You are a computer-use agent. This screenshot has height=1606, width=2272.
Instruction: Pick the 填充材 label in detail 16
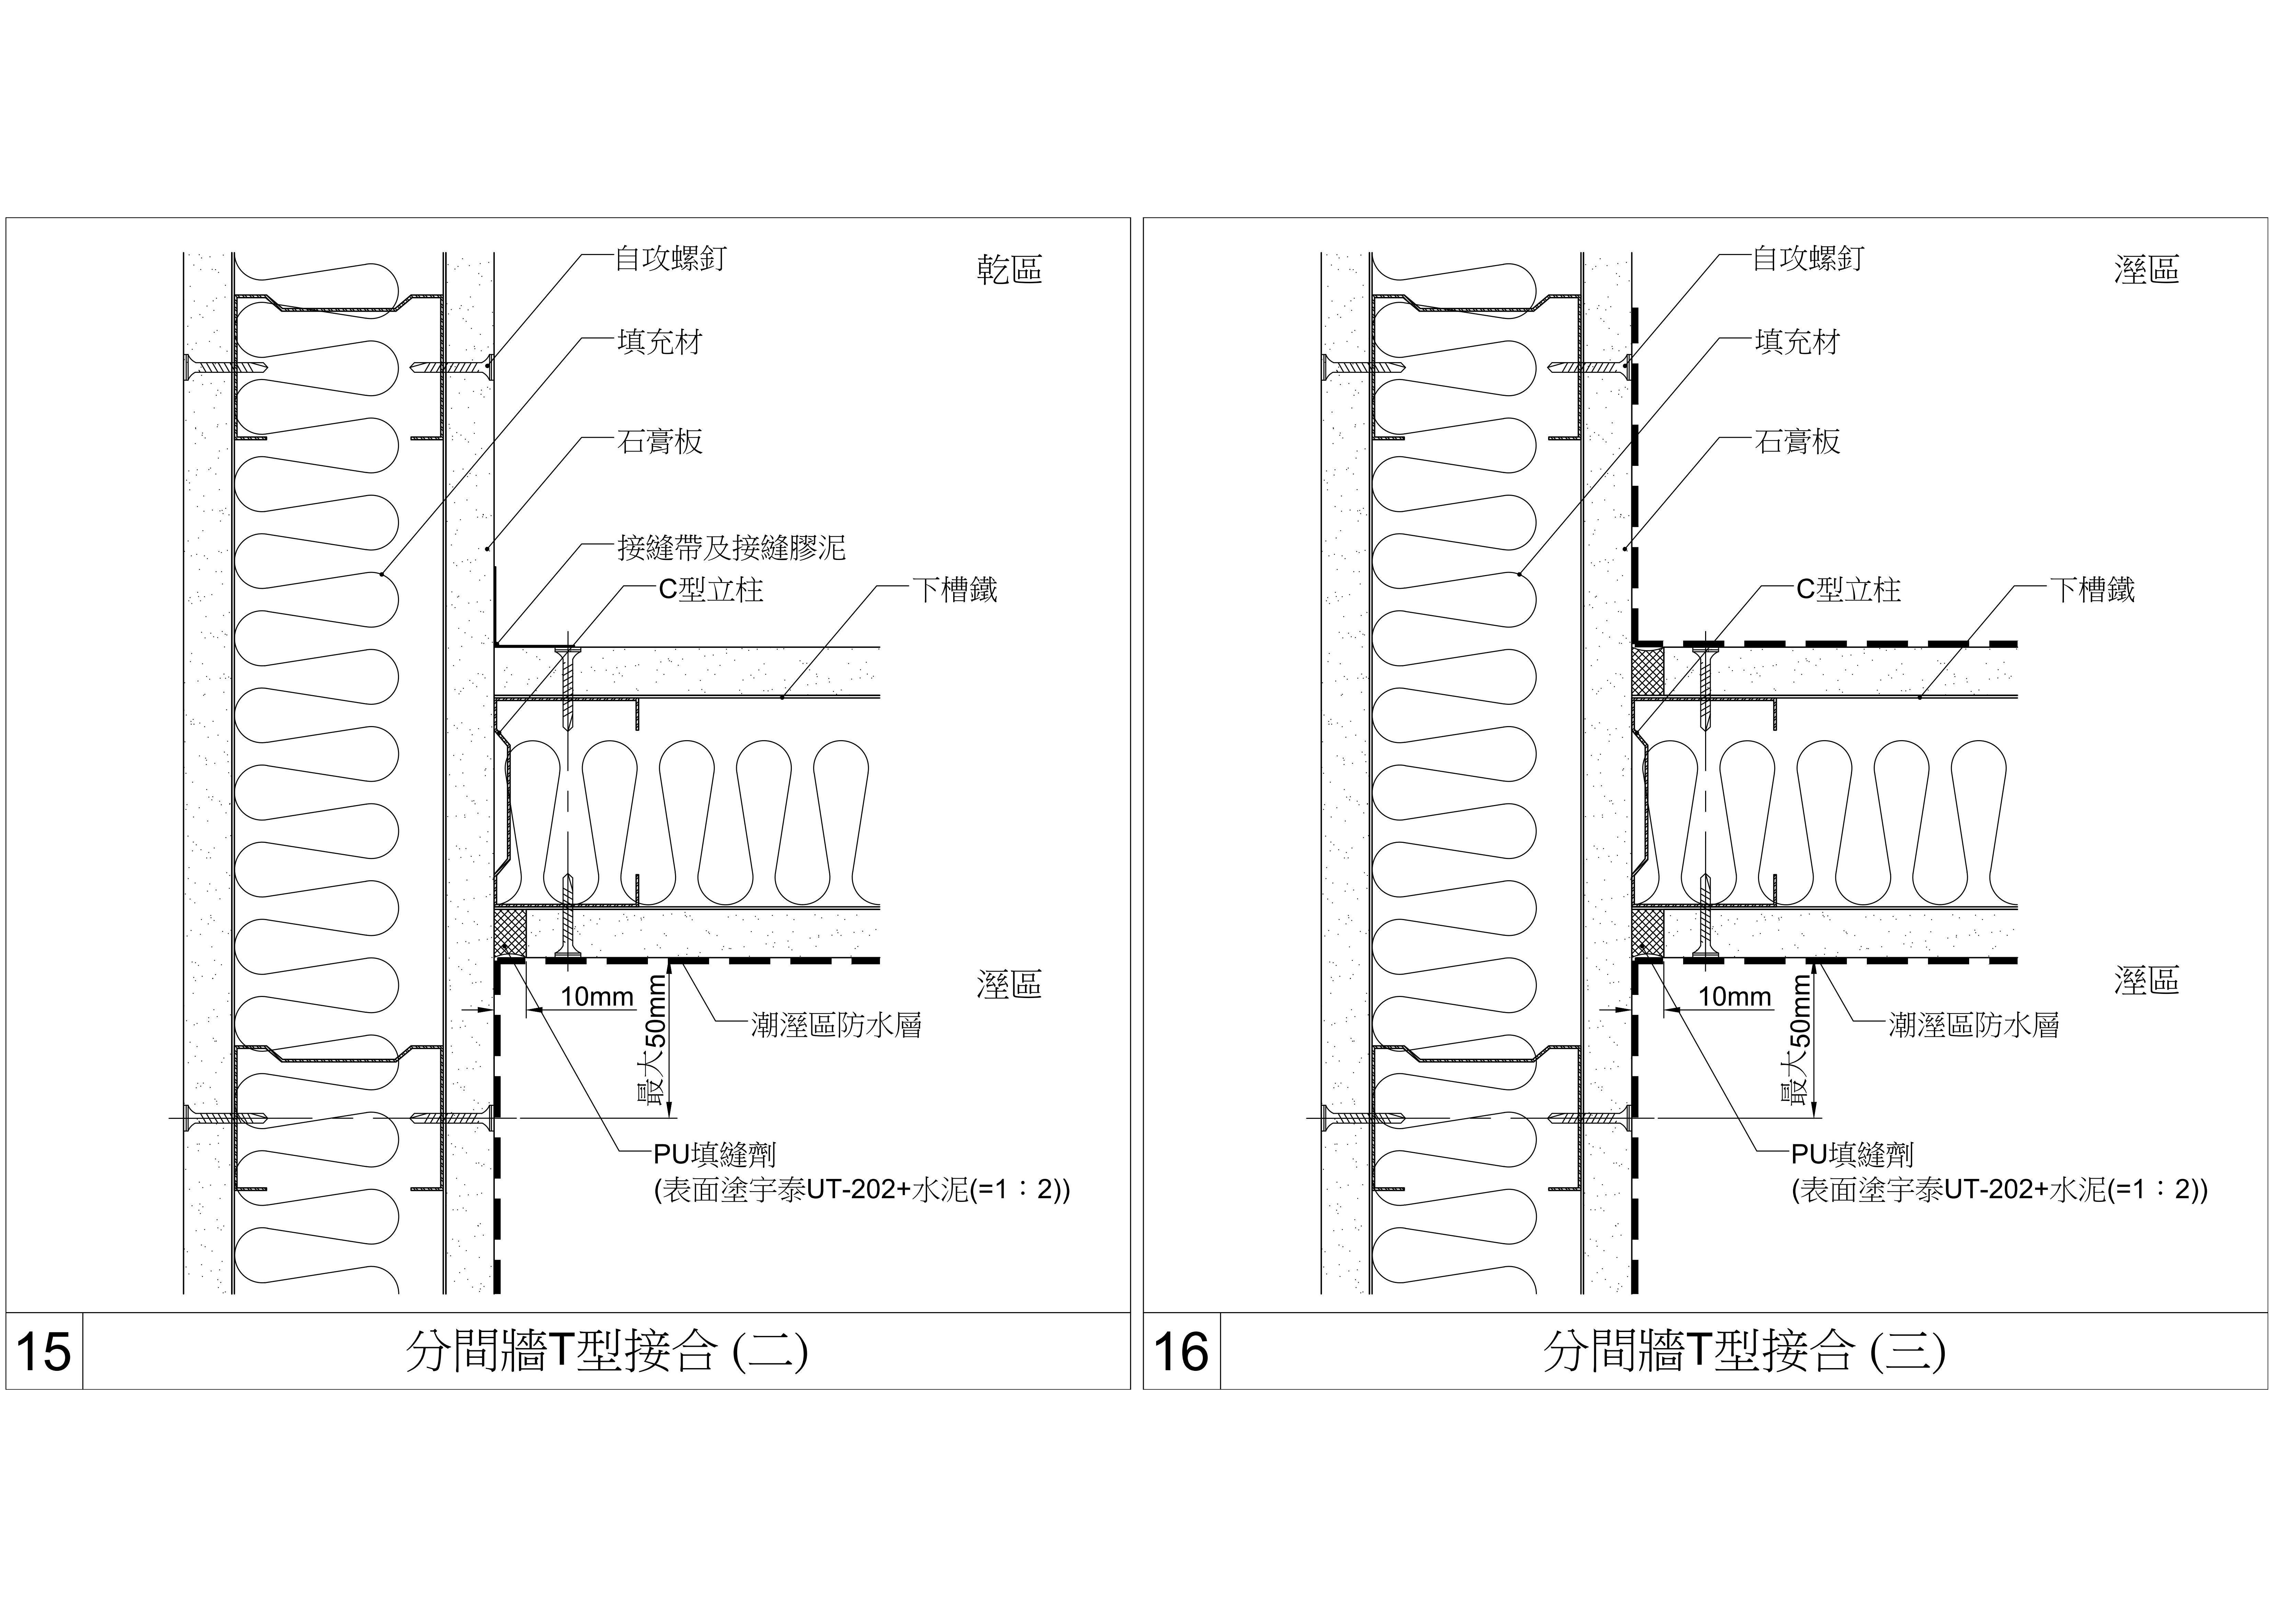(x=1797, y=342)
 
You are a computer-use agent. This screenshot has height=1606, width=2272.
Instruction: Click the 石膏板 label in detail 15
(x=660, y=441)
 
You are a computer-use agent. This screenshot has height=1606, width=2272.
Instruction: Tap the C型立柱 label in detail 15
(x=711, y=590)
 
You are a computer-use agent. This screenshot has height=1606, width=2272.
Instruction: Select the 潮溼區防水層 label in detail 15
(x=836, y=1025)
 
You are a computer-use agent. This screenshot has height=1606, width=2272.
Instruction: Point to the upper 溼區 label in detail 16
(x=2146, y=269)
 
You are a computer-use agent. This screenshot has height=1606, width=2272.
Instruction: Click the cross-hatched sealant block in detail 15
(x=511, y=933)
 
